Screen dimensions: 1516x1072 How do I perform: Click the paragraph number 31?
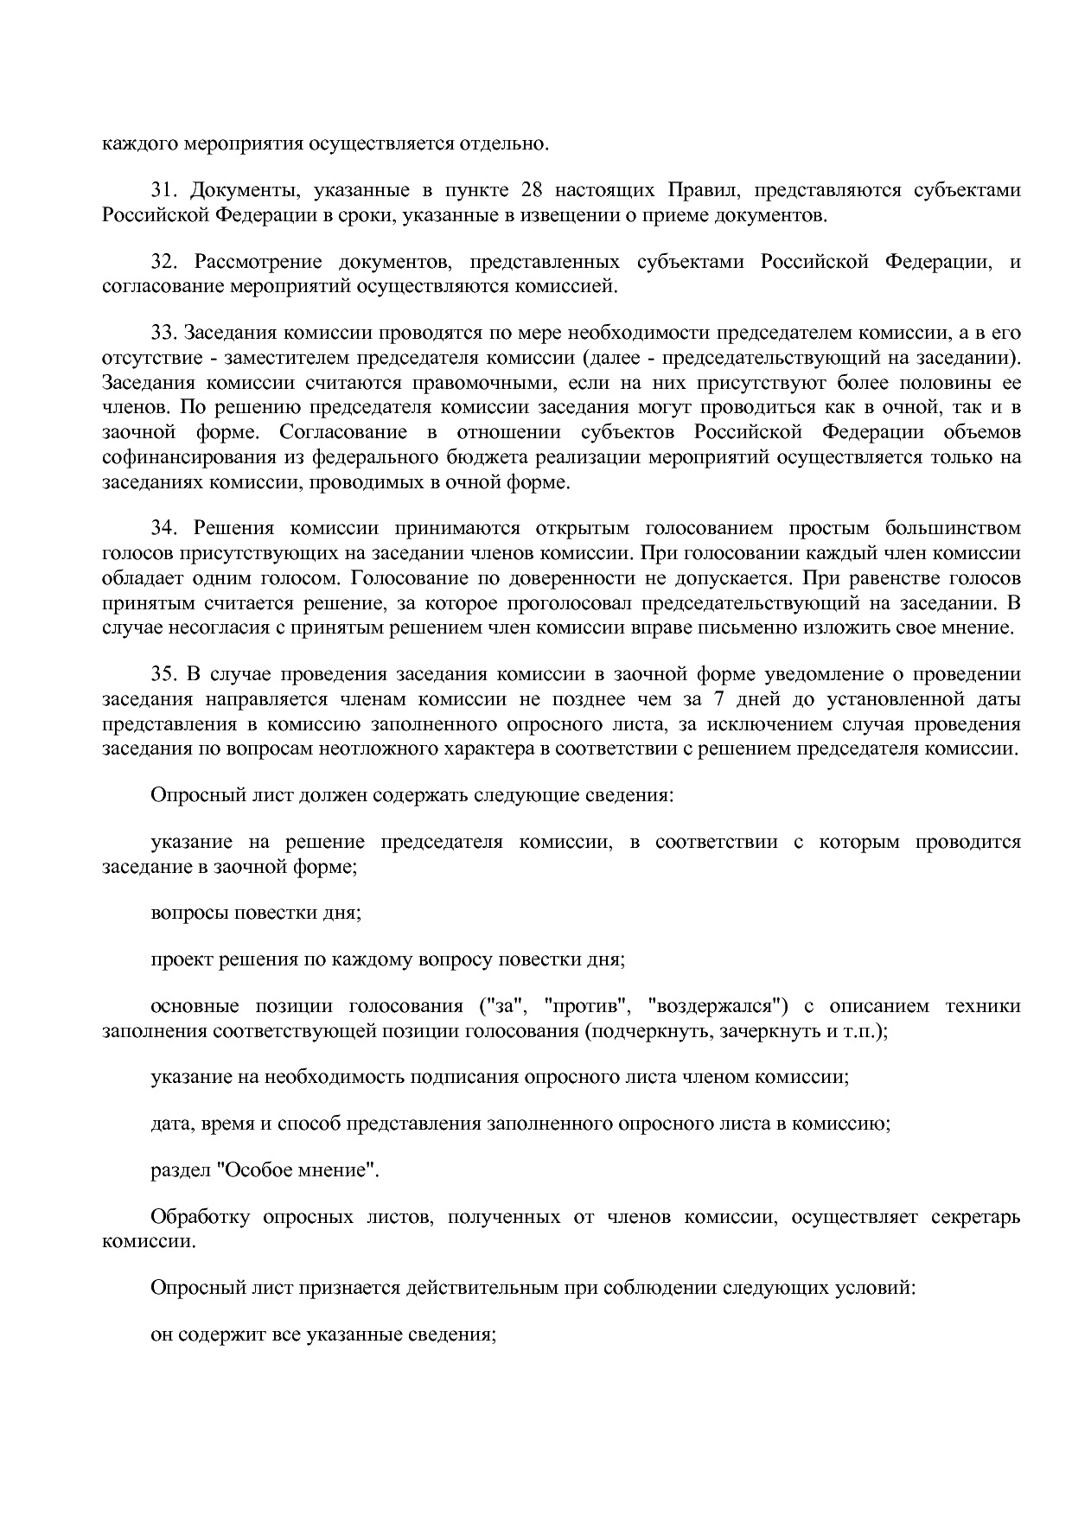point(163,190)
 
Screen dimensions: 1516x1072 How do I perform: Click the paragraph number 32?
point(163,262)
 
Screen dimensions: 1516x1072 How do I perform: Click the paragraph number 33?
point(163,334)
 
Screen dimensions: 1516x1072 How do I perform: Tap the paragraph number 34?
point(163,528)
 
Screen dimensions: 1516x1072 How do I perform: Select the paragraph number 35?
point(163,674)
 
